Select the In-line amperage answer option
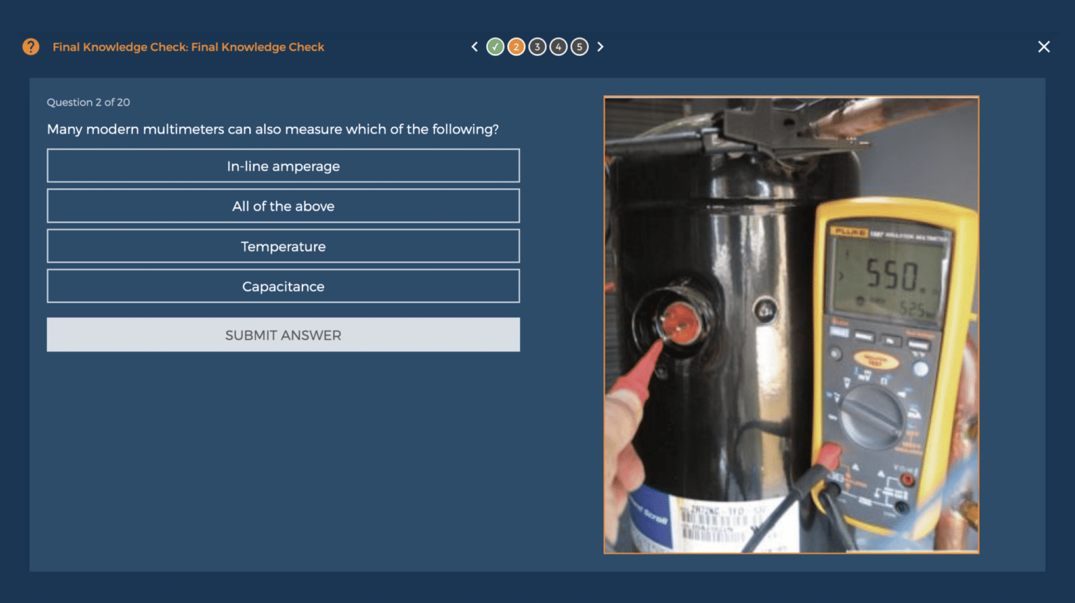[x=283, y=166]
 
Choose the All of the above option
[x=283, y=206]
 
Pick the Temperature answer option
[x=283, y=247]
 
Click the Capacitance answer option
[x=283, y=286]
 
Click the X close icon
[x=1044, y=47]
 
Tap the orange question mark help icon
[x=31, y=47]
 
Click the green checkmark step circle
[x=495, y=47]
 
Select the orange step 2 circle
[x=516, y=47]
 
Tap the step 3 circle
[x=537, y=47]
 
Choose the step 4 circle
[x=558, y=47]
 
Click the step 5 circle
[x=579, y=47]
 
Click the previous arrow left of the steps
[x=475, y=47]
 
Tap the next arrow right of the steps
[x=600, y=47]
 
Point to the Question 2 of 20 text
[x=88, y=102]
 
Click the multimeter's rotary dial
[x=871, y=415]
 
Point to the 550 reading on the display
[x=892, y=275]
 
